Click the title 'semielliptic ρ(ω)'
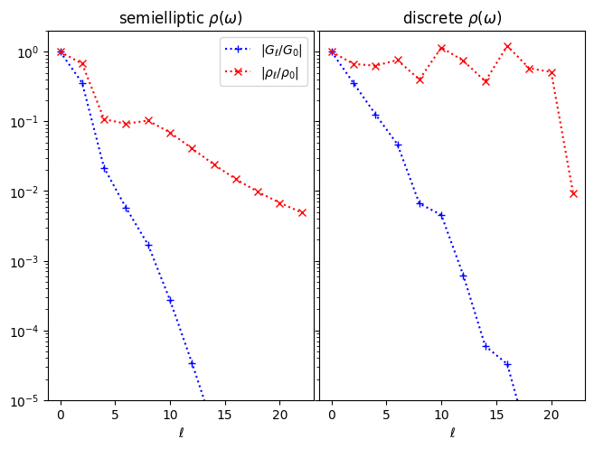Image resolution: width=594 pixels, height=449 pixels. pos(181,18)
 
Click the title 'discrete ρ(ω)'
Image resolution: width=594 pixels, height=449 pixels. pos(452,18)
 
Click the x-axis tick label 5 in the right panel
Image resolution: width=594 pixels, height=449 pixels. pos(386,415)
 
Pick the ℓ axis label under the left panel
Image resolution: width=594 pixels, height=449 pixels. pos(181,433)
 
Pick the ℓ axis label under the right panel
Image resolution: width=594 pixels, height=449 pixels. pos(452,433)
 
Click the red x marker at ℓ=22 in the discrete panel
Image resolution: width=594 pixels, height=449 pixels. pos(573,193)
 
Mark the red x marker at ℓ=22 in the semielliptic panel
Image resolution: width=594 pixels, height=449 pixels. pos(302,212)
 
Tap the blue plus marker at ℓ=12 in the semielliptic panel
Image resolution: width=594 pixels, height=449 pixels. pos(192,363)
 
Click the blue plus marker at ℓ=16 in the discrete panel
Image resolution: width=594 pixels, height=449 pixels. pos(507,364)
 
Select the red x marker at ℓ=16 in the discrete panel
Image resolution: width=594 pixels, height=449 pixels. pos(507,46)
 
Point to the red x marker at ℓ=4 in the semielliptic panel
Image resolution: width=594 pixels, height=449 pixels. pos(104,119)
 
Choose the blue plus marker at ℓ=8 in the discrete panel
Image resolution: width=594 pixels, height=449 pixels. pos(420,203)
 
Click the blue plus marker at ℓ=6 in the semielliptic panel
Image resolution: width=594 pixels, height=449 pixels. pos(126,208)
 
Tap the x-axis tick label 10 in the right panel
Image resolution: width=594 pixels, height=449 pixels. pos(441,415)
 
